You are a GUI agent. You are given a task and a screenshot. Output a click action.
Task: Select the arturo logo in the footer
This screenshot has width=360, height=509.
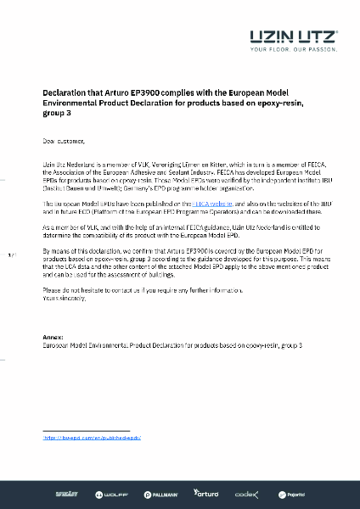[x=206, y=493]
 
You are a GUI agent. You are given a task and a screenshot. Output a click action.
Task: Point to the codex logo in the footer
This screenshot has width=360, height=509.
[x=247, y=493]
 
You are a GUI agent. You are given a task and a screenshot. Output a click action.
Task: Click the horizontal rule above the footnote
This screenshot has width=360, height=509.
[x=85, y=431]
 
